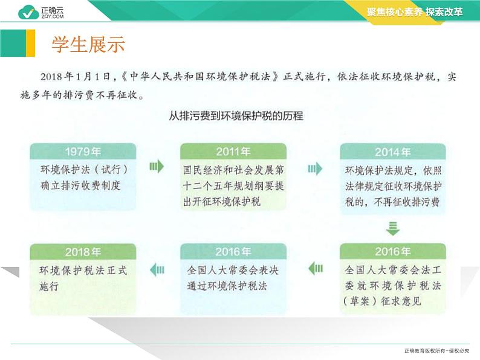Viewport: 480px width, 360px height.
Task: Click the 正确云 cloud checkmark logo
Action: coord(28,12)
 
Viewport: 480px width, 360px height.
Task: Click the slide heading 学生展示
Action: coord(88,44)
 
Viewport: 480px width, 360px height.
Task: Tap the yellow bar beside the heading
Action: coord(31,43)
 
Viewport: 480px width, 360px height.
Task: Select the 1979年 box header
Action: coord(83,152)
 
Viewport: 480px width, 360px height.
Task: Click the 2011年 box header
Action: coord(233,152)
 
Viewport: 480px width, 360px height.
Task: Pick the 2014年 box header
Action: coord(393,152)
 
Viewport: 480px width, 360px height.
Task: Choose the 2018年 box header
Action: coord(83,252)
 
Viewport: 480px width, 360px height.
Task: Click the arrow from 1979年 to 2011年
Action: coord(157,166)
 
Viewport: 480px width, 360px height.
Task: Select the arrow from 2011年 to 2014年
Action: coord(315,169)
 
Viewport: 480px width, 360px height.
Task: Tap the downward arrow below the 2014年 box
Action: coord(393,228)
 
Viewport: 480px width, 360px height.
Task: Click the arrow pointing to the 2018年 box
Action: coord(157,270)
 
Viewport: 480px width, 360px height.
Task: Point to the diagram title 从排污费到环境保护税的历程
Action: coord(236,116)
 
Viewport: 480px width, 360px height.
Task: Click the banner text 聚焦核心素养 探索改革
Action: coord(415,12)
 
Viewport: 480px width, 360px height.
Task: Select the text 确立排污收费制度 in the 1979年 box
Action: coord(80,185)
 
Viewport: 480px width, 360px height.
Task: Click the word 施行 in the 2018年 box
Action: coord(49,286)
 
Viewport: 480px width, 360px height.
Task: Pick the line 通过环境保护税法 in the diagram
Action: coord(227,286)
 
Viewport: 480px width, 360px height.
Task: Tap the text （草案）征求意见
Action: coord(382,301)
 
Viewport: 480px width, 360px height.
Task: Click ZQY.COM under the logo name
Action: coord(53,16)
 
